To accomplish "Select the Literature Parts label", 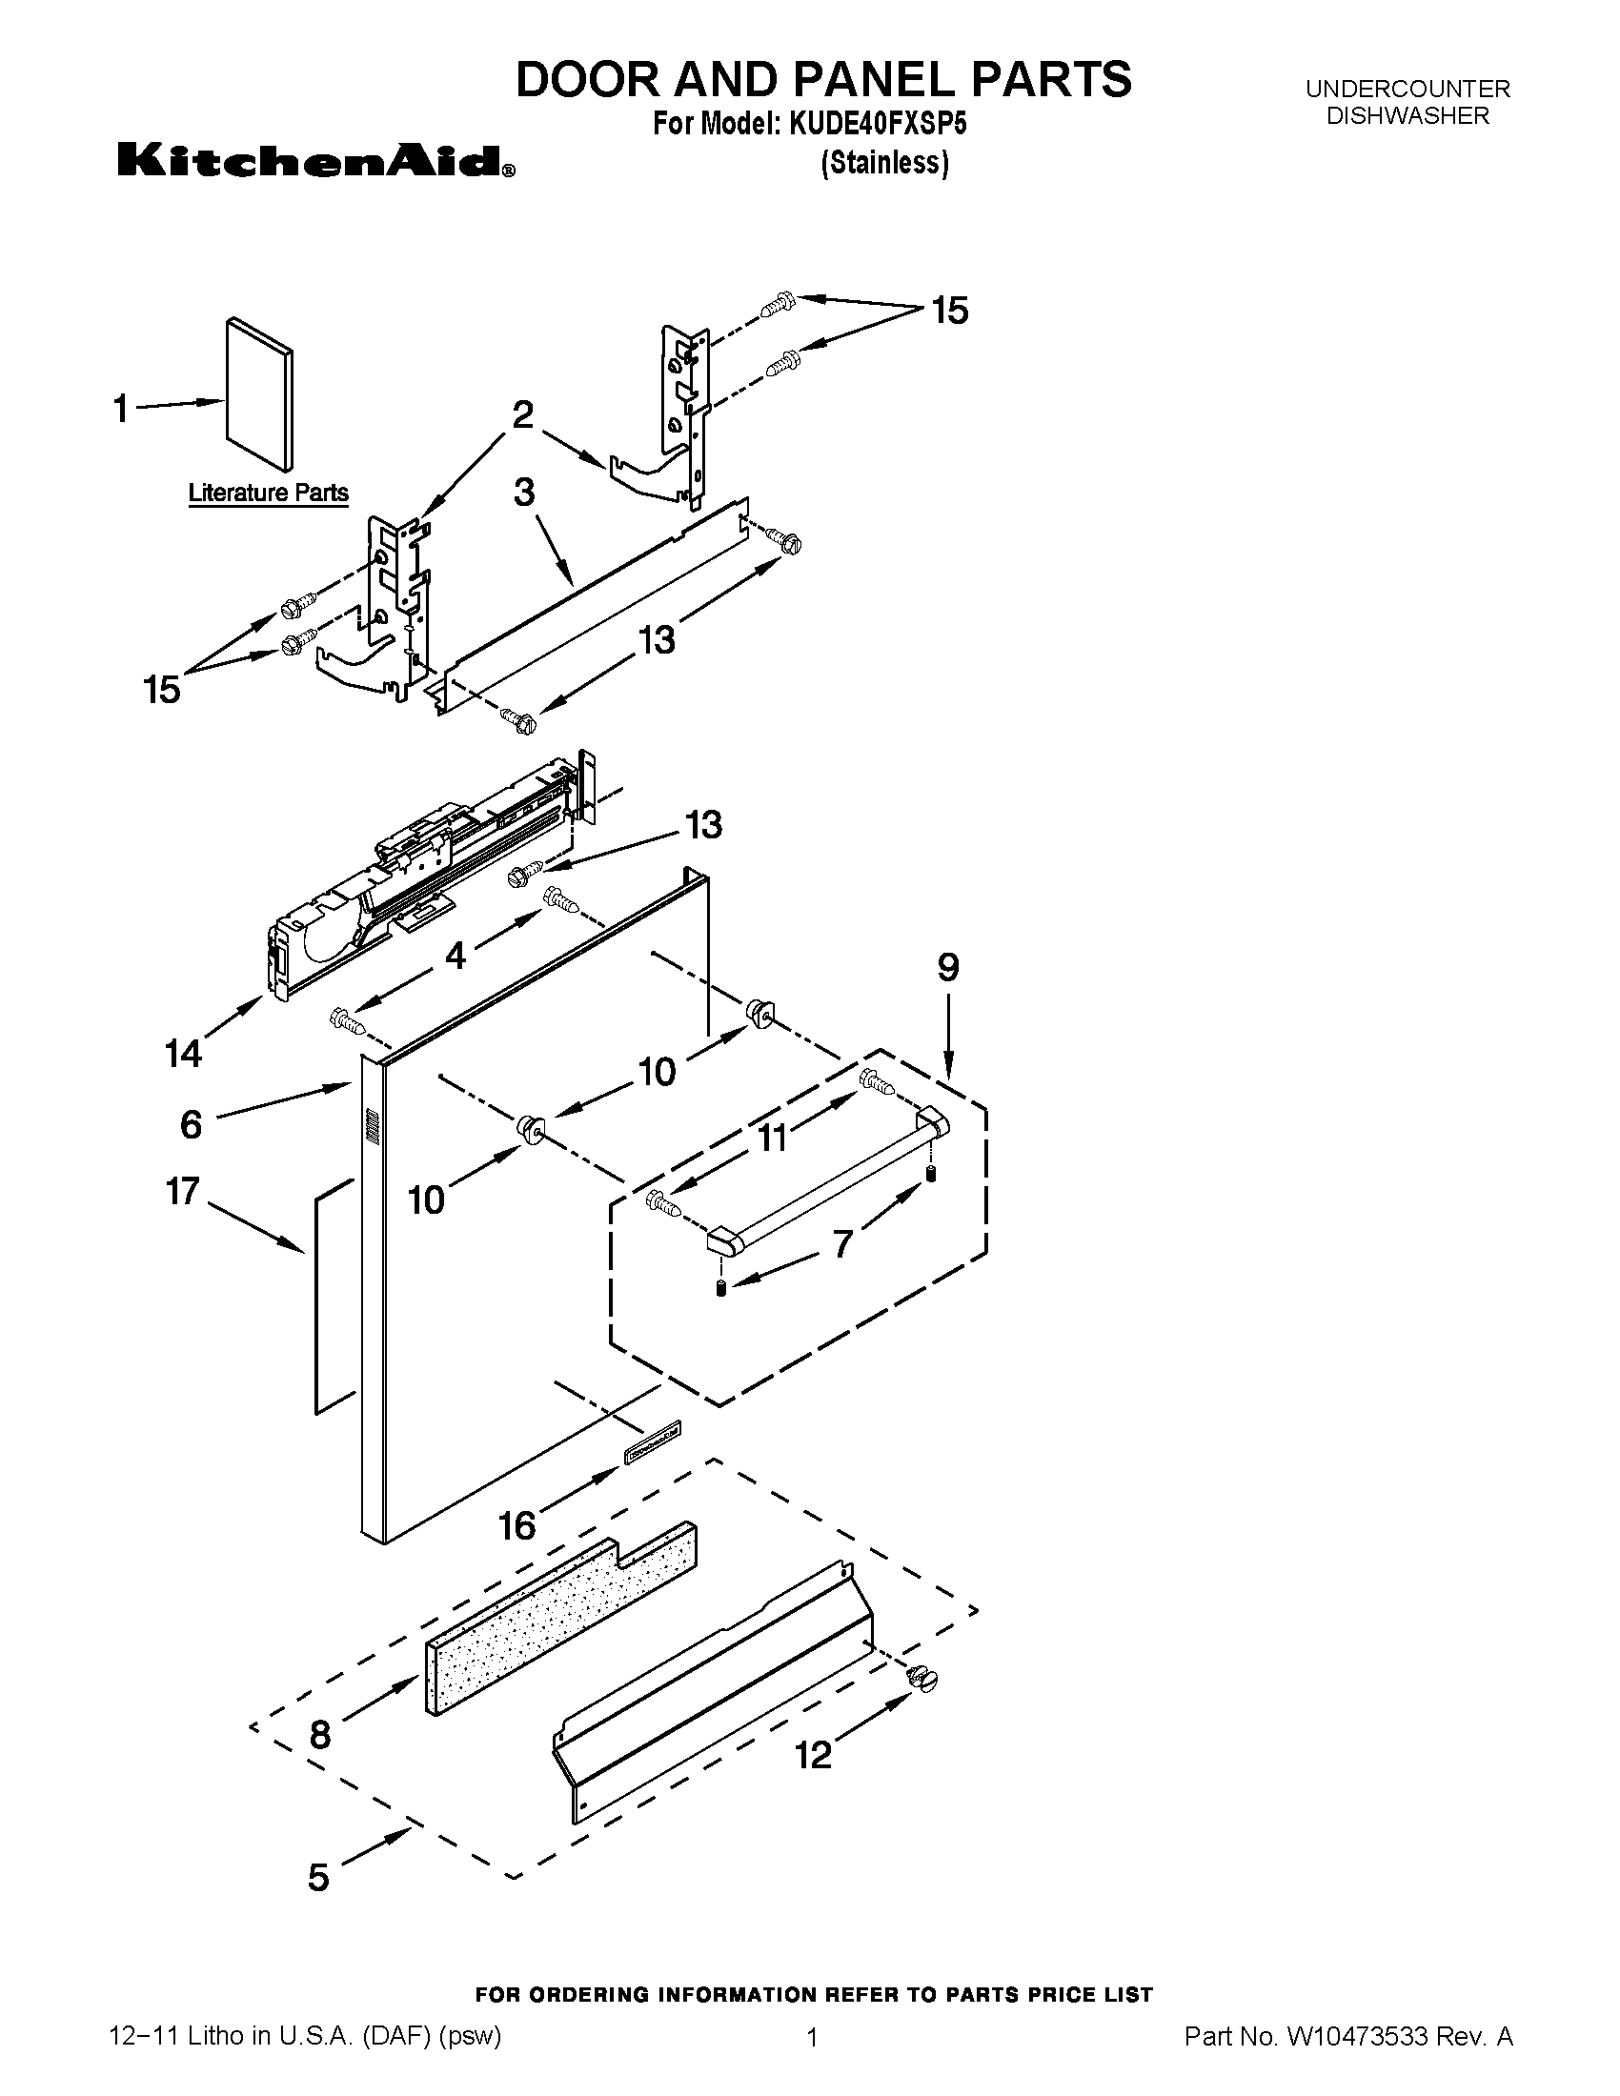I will tap(268, 493).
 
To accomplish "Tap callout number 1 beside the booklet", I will tap(121, 410).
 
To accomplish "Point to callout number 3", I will tap(524, 493).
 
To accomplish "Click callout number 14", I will tap(183, 1054).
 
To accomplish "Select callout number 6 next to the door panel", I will tap(191, 1124).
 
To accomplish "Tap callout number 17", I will tap(182, 1192).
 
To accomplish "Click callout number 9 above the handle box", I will tap(947, 967).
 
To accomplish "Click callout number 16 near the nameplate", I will tap(517, 1525).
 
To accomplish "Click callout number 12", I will tap(814, 1754).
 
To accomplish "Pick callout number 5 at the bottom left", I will tap(318, 1877).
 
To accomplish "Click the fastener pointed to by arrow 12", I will tap(921, 1678).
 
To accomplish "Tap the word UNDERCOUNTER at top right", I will tap(1407, 90).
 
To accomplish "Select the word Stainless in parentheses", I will tap(885, 163).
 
